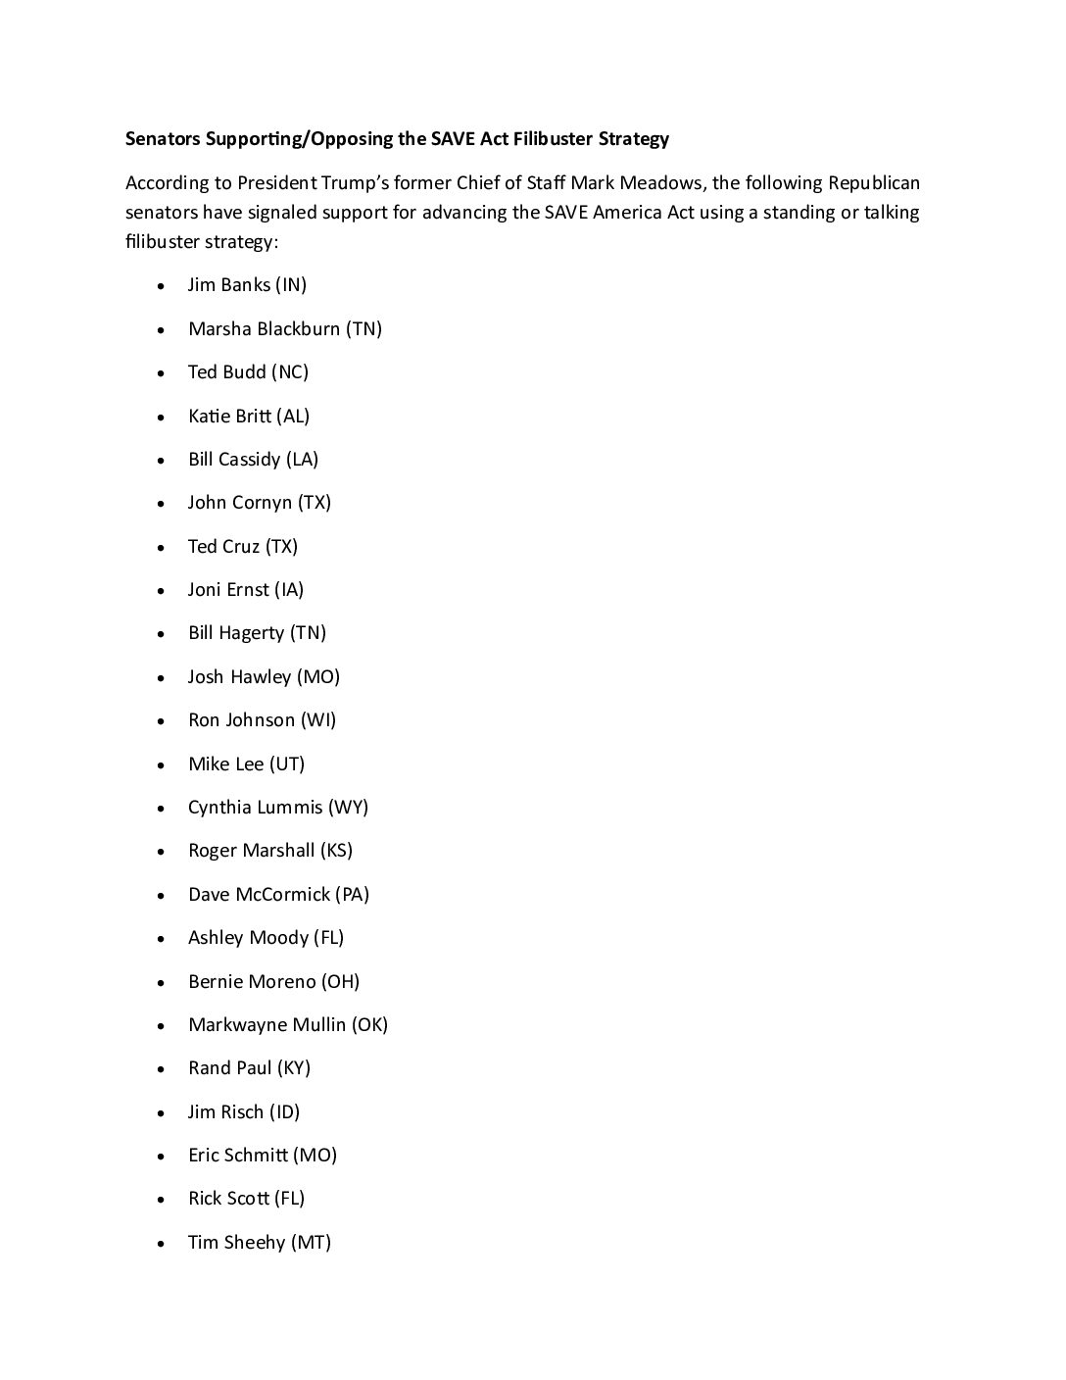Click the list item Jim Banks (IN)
247,285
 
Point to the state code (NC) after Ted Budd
290,372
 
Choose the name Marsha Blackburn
264,328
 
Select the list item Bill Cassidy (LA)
253,460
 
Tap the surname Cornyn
267,503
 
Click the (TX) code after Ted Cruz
281,547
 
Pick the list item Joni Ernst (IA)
246,590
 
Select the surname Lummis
289,808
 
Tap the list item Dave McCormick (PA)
278,895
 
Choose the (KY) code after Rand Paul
294,1068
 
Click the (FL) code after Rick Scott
289,1199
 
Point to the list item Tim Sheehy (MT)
260,1243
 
